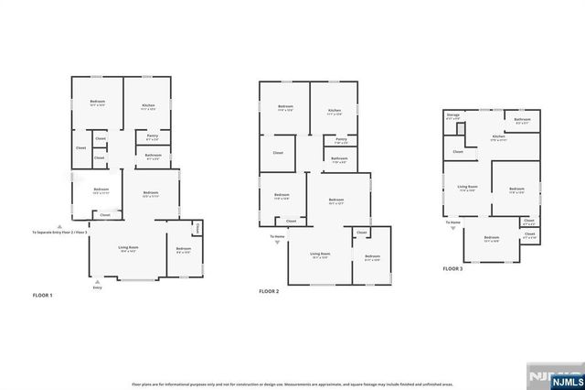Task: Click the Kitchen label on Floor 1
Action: [147, 106]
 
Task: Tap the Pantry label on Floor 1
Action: [153, 137]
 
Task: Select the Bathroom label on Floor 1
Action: [153, 156]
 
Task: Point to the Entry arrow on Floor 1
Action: [97, 281]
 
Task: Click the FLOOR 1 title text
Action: [43, 296]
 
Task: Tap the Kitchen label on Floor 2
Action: [334, 112]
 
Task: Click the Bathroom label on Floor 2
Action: [339, 159]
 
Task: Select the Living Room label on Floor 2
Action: [319, 255]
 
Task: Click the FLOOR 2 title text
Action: [268, 291]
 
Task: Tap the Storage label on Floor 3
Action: [452, 116]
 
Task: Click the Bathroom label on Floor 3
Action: [522, 120]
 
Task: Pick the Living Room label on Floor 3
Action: [466, 190]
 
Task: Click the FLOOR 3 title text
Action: [453, 269]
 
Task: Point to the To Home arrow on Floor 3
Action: [453, 227]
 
